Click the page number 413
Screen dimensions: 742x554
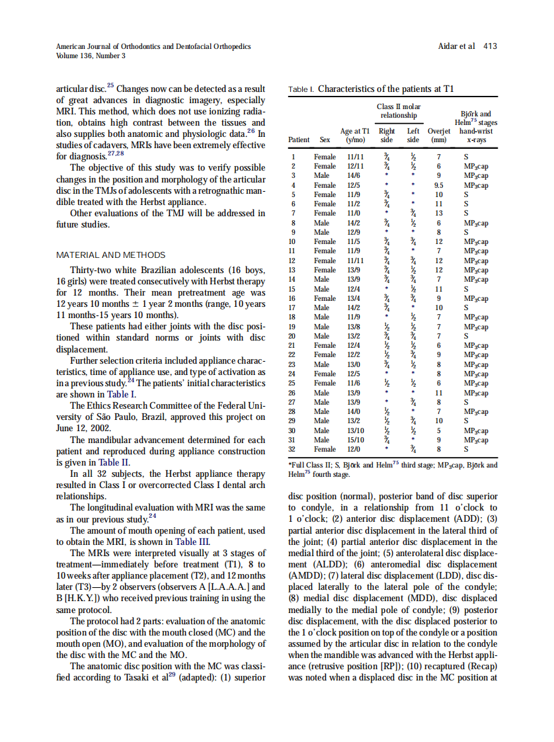(x=490, y=46)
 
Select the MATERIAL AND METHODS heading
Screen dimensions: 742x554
(x=111, y=255)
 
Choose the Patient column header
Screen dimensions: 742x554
(x=299, y=140)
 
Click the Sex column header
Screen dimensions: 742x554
(x=325, y=140)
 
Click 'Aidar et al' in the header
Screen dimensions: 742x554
(x=457, y=46)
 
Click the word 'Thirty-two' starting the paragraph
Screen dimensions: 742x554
(x=93, y=270)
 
